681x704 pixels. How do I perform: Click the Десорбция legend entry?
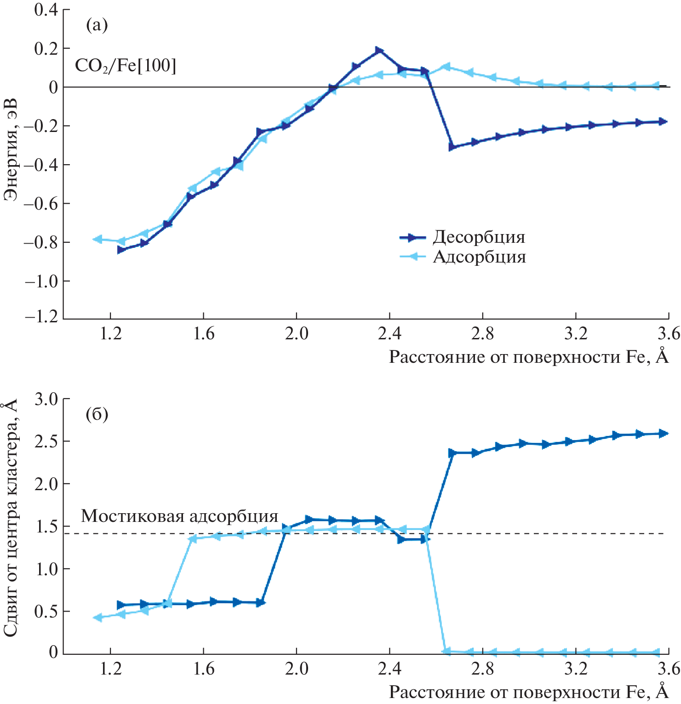click(478, 237)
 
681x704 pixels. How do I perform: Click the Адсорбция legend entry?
click(479, 257)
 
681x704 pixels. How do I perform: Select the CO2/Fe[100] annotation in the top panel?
click(126, 66)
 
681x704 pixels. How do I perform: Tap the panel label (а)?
click(97, 25)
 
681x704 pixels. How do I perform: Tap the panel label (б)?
click(97, 415)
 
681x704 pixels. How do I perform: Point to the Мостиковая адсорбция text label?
click(179, 516)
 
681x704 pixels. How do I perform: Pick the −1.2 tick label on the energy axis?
click(42, 317)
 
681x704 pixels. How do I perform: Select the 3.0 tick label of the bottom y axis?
click(46, 399)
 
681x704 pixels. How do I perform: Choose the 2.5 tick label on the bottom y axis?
click(46, 441)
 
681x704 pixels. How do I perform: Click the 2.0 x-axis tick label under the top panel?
click(297, 334)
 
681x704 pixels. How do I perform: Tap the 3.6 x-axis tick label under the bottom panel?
click(669, 669)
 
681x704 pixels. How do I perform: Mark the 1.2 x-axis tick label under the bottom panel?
click(111, 669)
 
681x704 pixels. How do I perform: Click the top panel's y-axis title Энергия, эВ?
click(11, 149)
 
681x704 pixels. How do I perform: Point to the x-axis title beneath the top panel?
click(528, 357)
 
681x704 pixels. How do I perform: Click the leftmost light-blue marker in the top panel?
click(97, 239)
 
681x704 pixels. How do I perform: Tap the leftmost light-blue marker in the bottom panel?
click(97, 618)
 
